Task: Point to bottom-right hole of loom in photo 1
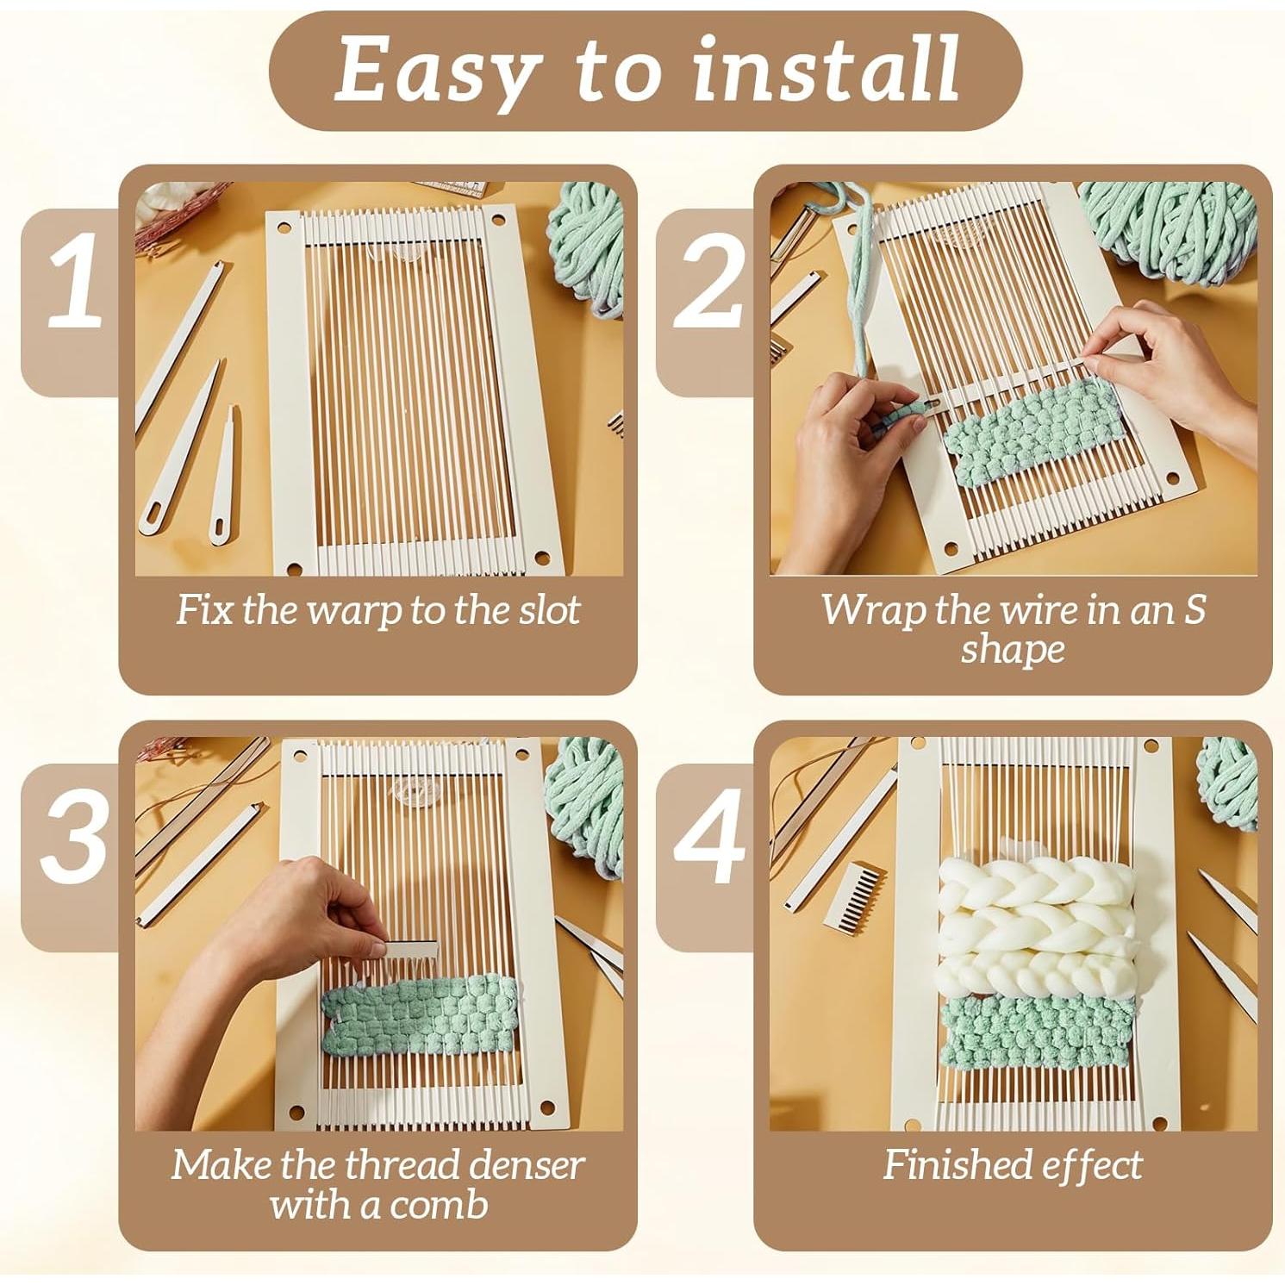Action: [543, 558]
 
